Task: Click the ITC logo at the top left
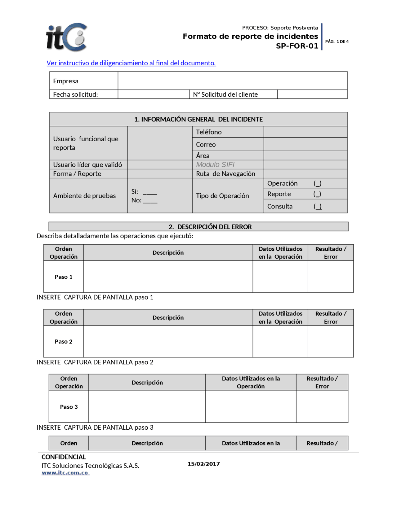(66, 37)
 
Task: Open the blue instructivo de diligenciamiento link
(131, 63)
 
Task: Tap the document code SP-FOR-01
(297, 46)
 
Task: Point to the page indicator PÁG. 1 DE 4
(337, 42)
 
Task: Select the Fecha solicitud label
(75, 94)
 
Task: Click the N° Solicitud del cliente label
(225, 94)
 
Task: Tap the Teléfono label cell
(209, 132)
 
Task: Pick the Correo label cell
(206, 144)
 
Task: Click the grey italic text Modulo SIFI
(215, 164)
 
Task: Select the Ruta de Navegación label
(225, 174)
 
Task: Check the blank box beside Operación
(317, 183)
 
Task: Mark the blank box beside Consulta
(317, 206)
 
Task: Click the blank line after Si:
(150, 192)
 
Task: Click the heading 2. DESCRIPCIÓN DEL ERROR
(210, 227)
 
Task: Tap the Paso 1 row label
(64, 277)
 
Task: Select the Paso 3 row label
(69, 407)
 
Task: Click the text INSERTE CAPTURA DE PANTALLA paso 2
(95, 362)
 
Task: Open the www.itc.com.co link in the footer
(65, 473)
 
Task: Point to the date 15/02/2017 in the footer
(203, 464)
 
